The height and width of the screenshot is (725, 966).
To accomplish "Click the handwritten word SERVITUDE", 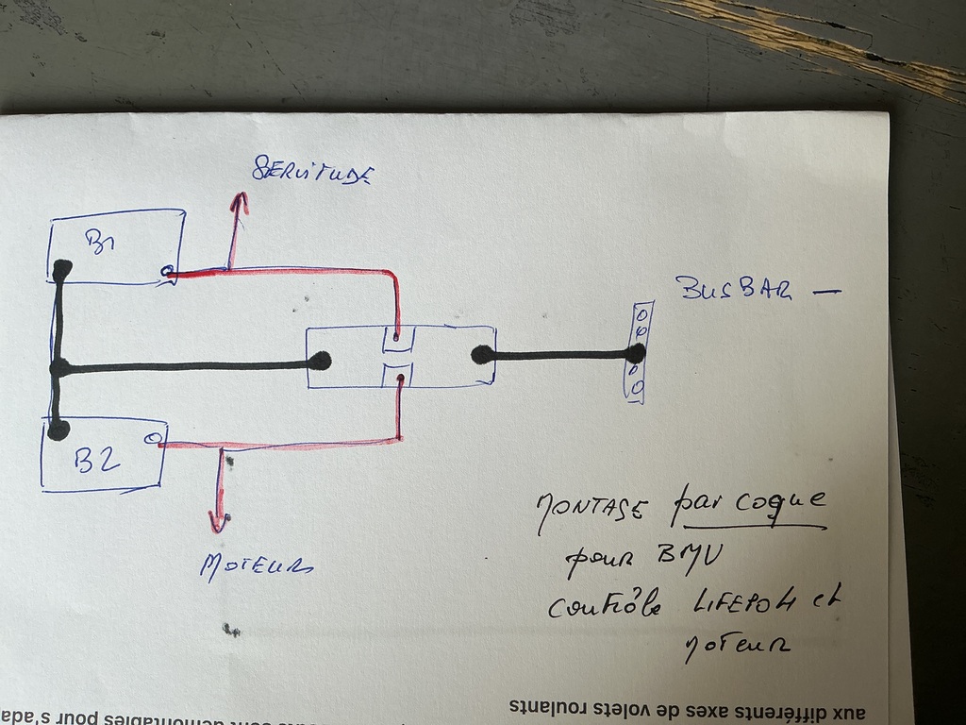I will click(312, 171).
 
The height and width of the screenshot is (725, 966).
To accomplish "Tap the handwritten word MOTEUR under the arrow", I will click(256, 565).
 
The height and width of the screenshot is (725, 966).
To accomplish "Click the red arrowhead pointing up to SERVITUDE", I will click(240, 201).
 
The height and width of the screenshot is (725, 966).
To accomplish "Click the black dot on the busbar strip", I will click(637, 353).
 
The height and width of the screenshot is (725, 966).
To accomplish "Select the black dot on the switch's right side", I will click(482, 355).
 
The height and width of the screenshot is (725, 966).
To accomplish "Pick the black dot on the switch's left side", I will click(321, 360).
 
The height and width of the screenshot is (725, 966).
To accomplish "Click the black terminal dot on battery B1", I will click(62, 270).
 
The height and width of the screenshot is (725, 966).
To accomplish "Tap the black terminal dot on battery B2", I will click(58, 430).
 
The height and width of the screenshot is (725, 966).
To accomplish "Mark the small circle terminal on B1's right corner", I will click(167, 273).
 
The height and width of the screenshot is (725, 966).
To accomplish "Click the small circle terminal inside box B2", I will click(152, 438).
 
